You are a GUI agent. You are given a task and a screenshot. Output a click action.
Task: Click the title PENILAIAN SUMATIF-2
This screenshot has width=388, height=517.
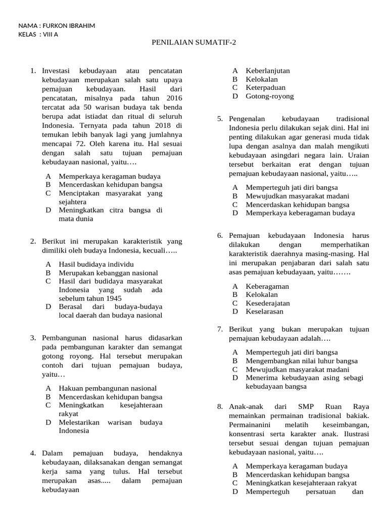(x=193, y=42)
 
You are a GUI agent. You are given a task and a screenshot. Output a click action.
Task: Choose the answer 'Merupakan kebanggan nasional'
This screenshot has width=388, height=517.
(x=108, y=272)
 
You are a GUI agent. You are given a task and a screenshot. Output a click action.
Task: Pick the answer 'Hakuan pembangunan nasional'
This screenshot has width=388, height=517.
(x=108, y=388)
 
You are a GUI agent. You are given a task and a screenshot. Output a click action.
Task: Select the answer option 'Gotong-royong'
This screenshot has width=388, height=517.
(x=269, y=96)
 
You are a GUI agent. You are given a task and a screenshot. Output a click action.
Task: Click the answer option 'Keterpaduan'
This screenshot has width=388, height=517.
(x=265, y=87)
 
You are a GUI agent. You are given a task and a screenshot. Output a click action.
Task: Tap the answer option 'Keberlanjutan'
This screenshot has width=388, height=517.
(x=268, y=71)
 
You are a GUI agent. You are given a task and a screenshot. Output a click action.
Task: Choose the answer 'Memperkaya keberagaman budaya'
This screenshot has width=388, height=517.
(x=300, y=213)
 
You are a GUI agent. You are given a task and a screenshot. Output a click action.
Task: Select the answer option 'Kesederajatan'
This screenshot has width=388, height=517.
(x=268, y=303)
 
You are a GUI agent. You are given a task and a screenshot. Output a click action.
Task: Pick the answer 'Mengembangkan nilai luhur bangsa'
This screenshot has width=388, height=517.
(x=302, y=360)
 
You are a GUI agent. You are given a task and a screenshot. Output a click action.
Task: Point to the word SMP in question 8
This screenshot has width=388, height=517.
(x=306, y=405)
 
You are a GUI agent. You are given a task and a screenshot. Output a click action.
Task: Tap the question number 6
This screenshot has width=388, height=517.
(x=220, y=235)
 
